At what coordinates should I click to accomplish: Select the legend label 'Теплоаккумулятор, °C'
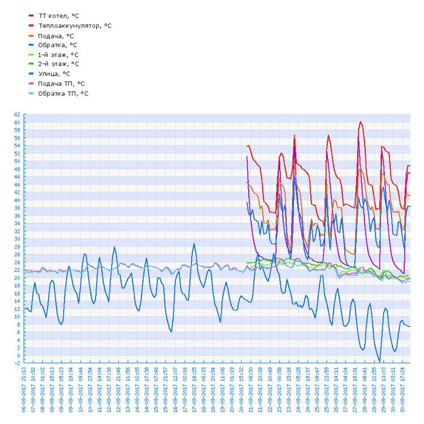pyautogui.click(x=75, y=25)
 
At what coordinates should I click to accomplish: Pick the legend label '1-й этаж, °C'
pyautogui.click(x=58, y=55)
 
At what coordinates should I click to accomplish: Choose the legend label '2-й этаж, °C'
pyautogui.click(x=58, y=64)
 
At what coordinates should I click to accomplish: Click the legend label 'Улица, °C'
pyautogui.click(x=54, y=73)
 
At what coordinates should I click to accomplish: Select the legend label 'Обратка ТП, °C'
pyautogui.click(x=63, y=93)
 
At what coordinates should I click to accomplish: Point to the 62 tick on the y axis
pyautogui.click(x=17, y=115)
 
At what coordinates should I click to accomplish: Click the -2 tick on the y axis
pyautogui.click(x=17, y=363)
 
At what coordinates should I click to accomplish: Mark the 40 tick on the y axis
pyautogui.click(x=17, y=200)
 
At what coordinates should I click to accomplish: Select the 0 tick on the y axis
pyautogui.click(x=18, y=355)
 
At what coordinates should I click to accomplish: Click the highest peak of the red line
pyautogui.click(x=360, y=122)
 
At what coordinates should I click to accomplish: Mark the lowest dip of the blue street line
pyautogui.click(x=380, y=361)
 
